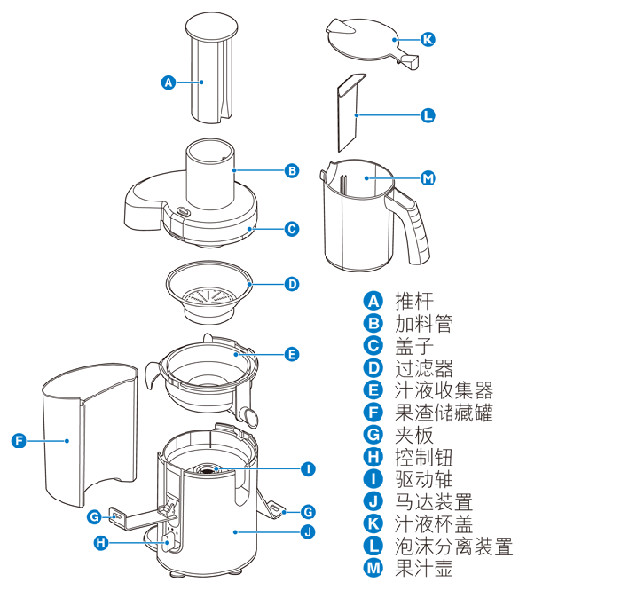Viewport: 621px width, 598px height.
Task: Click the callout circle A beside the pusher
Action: click(169, 83)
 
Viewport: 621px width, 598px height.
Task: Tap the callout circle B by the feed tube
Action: click(292, 170)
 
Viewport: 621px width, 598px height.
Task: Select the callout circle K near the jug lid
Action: click(428, 39)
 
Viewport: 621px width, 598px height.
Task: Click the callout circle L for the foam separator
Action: click(428, 115)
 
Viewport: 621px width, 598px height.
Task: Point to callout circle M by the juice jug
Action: click(428, 178)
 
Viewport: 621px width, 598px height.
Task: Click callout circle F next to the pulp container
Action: click(19, 440)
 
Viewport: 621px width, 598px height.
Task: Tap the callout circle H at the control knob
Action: click(101, 542)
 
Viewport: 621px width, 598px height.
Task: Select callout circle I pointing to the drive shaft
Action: click(308, 468)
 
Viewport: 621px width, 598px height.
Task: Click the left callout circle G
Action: click(94, 516)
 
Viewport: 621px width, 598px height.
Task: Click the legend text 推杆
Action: click(414, 301)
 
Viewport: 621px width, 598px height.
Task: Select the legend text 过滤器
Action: click(424, 368)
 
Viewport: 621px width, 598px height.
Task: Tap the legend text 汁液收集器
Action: click(444, 390)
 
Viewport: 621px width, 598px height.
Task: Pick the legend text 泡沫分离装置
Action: click(454, 547)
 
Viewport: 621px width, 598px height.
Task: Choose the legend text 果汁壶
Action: click(424, 569)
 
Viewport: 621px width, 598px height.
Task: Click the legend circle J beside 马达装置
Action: click(373, 501)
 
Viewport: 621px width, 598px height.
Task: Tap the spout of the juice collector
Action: click(249, 416)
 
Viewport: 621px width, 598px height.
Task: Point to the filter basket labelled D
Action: click(209, 292)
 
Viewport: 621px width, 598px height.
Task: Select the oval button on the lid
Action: click(184, 211)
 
